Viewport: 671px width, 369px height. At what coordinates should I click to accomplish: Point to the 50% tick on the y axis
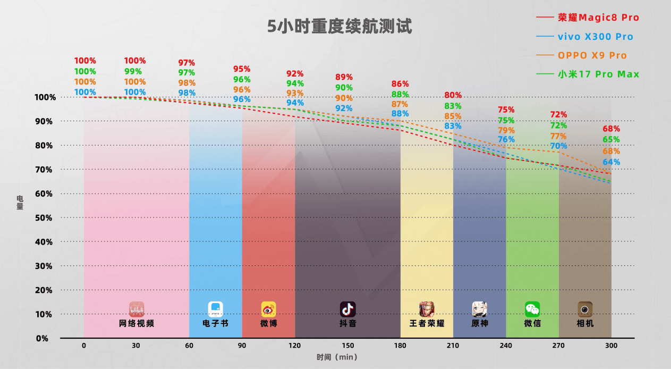(x=44, y=218)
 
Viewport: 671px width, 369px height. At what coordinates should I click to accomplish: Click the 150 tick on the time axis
(x=347, y=345)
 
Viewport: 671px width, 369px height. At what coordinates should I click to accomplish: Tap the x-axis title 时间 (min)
(x=336, y=358)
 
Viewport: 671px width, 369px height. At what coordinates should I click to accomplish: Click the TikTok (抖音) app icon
(x=347, y=309)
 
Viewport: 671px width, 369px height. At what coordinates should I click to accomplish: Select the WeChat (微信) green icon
(x=532, y=309)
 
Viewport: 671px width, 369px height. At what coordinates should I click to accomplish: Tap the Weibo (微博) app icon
(x=268, y=309)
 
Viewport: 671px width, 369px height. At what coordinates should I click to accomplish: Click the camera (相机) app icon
(x=585, y=309)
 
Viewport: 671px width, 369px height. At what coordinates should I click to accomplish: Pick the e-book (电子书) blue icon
(x=215, y=309)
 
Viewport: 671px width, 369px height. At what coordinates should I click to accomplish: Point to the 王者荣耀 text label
(x=427, y=323)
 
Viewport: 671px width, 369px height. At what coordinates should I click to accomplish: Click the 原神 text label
(x=480, y=323)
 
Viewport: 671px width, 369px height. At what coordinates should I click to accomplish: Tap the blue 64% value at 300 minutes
(x=611, y=162)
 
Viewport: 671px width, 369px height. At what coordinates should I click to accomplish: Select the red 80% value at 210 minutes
(x=453, y=96)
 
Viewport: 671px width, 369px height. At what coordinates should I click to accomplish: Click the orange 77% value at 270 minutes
(x=558, y=136)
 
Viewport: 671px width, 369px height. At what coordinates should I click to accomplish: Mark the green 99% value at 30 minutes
(x=133, y=71)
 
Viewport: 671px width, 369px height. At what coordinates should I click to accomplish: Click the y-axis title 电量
(x=20, y=203)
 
